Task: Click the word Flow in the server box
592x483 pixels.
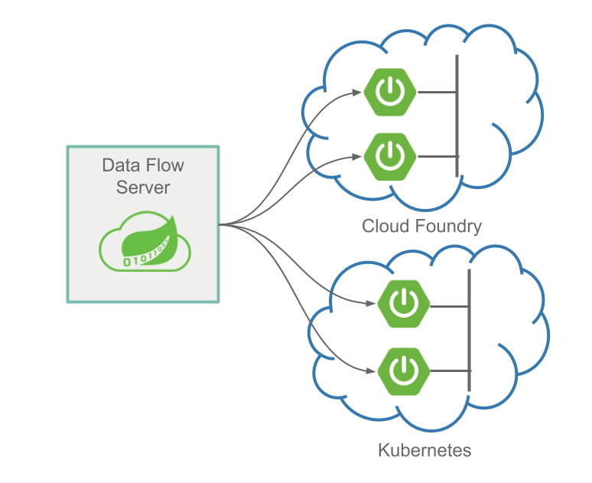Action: pyautogui.click(x=164, y=165)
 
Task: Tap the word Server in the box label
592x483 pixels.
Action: pyautogui.click(x=142, y=187)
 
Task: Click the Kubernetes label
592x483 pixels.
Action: pyautogui.click(x=424, y=449)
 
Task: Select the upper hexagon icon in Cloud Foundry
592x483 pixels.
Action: pyautogui.click(x=390, y=93)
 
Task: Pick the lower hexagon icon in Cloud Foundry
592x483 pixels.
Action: pyautogui.click(x=390, y=155)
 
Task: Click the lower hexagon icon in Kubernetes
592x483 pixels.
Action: pyautogui.click(x=402, y=370)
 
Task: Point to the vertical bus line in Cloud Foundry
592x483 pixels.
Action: pyautogui.click(x=457, y=115)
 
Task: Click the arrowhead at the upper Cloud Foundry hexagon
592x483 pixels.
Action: pyautogui.click(x=357, y=93)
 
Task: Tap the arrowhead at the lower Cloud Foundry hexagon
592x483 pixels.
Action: pyautogui.click(x=357, y=156)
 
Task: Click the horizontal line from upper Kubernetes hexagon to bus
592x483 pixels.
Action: pyautogui.click(x=449, y=306)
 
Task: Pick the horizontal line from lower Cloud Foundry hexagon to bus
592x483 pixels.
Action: pyautogui.click(x=437, y=156)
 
